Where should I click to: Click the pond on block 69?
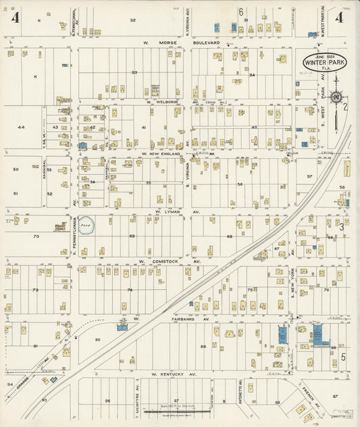pos(86,225)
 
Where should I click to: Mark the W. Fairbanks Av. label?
pos(172,318)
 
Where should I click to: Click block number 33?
pos(134,72)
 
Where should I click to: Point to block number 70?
pos(36,236)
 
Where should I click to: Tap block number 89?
pos(203,346)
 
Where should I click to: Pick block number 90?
pos(97,339)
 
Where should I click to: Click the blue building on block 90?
pos(122,327)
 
